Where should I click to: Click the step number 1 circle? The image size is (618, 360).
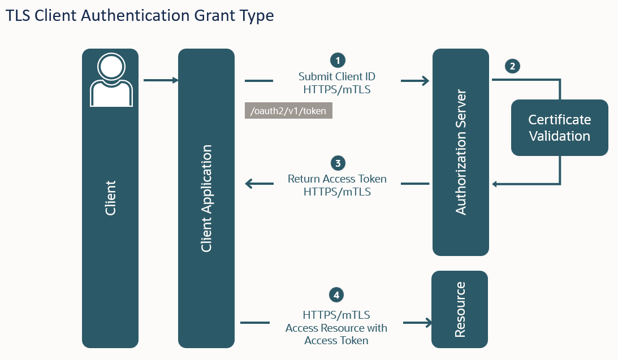tap(338, 60)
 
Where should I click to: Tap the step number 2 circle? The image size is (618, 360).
tap(512, 66)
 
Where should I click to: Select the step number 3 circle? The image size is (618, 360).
tap(338, 163)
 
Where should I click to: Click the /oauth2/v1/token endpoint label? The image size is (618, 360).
tap(288, 111)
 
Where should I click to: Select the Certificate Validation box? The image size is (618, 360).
tap(559, 128)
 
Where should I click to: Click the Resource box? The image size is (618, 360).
tap(460, 309)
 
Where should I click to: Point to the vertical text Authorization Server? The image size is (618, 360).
tap(461, 151)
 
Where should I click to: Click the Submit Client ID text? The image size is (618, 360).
tap(337, 76)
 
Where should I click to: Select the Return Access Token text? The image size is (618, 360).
tap(337, 179)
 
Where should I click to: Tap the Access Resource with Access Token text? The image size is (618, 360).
tap(336, 334)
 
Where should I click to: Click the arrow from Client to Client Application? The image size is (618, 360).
tap(161, 80)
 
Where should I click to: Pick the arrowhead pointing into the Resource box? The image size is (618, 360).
tap(428, 323)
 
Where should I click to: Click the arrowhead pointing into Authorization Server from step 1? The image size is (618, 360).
tap(425, 81)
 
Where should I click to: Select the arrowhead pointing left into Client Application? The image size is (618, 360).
tap(249, 184)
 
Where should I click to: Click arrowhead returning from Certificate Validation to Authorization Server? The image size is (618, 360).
tap(495, 184)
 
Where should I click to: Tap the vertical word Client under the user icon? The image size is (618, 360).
tap(110, 198)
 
